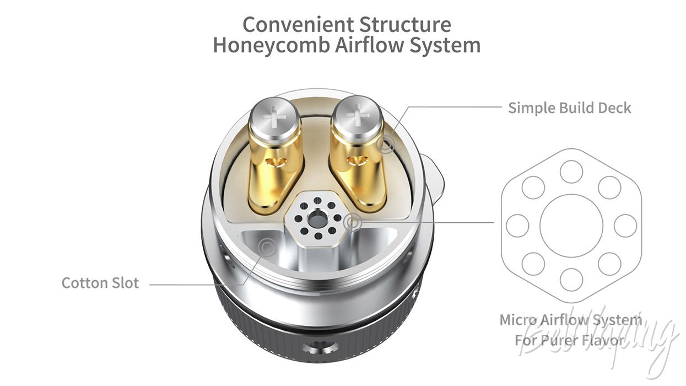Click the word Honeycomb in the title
271,45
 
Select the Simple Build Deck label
570,108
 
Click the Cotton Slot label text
100,283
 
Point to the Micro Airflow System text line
570,320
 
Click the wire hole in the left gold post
276,162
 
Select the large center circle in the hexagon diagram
571,226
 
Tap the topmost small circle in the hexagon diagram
571,171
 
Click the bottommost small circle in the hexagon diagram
571,280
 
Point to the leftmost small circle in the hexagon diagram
517,226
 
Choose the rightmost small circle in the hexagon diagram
625,226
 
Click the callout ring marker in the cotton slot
267,247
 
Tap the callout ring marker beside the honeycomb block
353,222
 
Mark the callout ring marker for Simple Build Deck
385,144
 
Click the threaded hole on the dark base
320,349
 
